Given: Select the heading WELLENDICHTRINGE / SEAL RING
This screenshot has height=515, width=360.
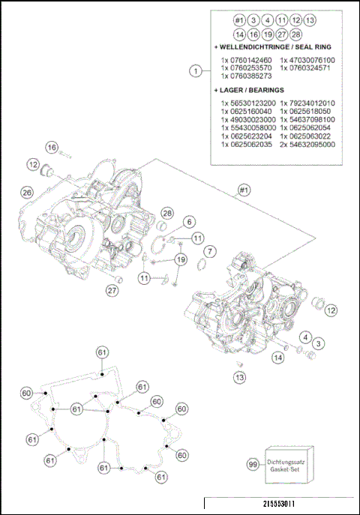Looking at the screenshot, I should click(x=271, y=46).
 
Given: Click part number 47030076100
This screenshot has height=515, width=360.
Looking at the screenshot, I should click(x=307, y=60).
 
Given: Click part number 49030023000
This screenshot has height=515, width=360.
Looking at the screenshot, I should click(x=247, y=119).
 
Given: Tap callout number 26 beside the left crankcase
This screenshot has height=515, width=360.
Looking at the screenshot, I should click(x=27, y=193).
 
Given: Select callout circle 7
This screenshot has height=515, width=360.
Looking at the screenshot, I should click(x=211, y=250).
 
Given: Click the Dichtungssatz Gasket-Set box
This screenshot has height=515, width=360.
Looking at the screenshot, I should click(x=290, y=464).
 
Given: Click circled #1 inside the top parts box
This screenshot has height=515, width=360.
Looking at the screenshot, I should click(x=238, y=19).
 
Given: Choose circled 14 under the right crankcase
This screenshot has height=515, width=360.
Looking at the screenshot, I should click(x=278, y=358).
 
